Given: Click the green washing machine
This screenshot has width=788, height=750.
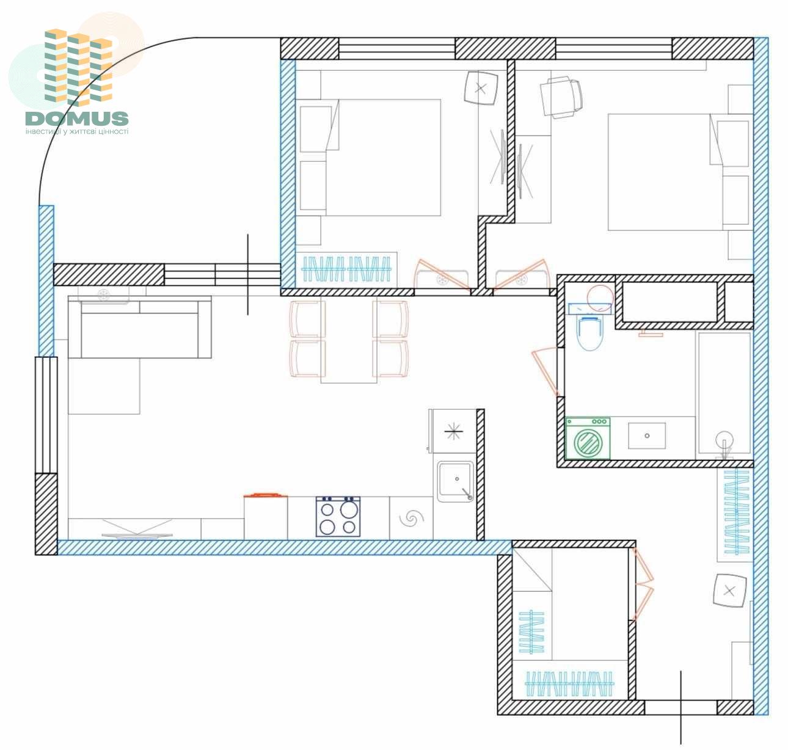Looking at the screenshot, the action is point(588,438).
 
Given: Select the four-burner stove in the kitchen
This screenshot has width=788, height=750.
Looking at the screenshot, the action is point(338,516).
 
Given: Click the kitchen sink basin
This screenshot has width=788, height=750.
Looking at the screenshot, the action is point(455,481).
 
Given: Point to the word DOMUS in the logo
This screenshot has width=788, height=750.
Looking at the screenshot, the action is point(77,118).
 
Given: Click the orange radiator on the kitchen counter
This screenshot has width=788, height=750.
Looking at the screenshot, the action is point(265,495).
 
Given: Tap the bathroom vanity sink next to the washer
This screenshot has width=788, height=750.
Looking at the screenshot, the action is point(647,435).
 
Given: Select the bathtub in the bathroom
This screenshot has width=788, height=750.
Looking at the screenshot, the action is point(724,393).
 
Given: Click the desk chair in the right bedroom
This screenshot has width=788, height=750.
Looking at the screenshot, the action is point(561,98).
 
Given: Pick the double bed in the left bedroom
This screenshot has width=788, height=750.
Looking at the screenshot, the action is point(383,158).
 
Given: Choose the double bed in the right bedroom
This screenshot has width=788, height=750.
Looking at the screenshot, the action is point(666,172).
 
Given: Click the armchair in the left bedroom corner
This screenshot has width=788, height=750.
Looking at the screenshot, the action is point(481,88).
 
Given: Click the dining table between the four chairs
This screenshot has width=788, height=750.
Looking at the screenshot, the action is point(349,340).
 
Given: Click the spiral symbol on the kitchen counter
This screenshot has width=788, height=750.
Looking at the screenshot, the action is point(411,519).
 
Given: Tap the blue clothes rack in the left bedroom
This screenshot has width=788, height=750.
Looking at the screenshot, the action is point(346,269).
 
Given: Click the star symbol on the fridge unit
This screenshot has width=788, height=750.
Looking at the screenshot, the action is point(454,431).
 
